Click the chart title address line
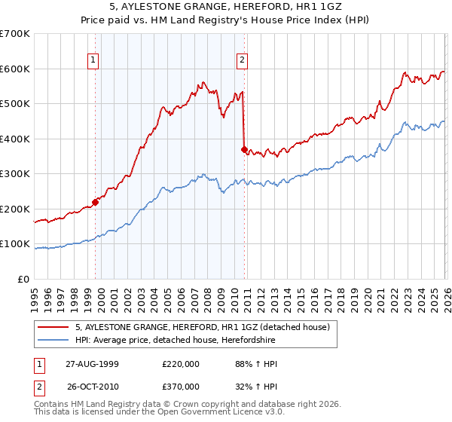click(226, 7)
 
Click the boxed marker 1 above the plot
click(92, 60)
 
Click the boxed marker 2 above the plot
click(242, 60)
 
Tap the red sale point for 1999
click(96, 201)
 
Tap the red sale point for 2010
click(244, 149)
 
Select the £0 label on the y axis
click(23, 279)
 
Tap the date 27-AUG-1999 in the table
click(92, 363)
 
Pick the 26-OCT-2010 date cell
click(92, 386)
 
